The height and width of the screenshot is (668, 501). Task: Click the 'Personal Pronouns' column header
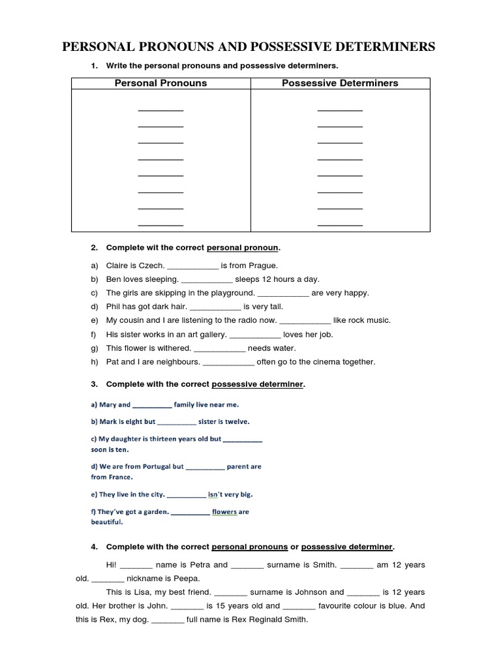click(x=160, y=83)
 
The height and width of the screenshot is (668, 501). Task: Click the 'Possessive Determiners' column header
click(x=340, y=83)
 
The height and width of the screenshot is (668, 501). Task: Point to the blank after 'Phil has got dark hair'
click(x=216, y=307)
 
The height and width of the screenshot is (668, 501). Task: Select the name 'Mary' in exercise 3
click(x=106, y=404)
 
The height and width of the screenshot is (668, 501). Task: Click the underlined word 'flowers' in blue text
click(x=224, y=512)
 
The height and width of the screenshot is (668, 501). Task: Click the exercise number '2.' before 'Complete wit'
click(x=94, y=248)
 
